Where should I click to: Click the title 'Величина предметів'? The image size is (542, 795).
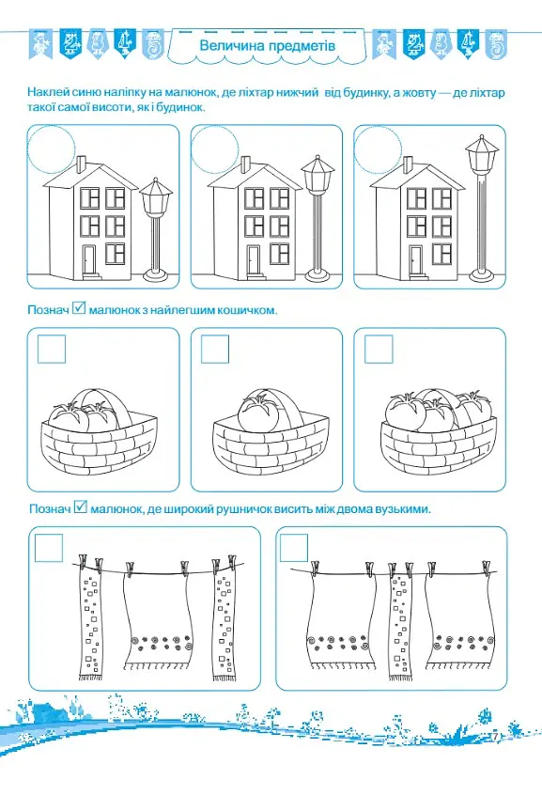point(267,46)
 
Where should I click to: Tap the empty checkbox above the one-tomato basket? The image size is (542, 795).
point(215,349)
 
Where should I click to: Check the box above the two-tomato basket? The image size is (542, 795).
point(52,349)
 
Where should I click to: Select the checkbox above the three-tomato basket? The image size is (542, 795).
point(379,349)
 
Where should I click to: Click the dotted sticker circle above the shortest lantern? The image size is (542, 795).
point(51,149)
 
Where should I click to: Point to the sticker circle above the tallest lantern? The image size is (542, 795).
point(378,149)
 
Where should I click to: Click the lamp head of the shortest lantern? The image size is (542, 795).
point(156,196)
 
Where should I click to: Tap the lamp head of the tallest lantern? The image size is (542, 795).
point(482,153)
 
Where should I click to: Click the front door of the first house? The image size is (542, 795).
point(88,261)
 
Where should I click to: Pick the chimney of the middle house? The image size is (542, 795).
point(245,164)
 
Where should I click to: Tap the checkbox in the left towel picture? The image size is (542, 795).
point(49,548)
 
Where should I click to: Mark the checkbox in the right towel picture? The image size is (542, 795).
point(294,548)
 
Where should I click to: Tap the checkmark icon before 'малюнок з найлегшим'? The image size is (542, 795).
point(79,307)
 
